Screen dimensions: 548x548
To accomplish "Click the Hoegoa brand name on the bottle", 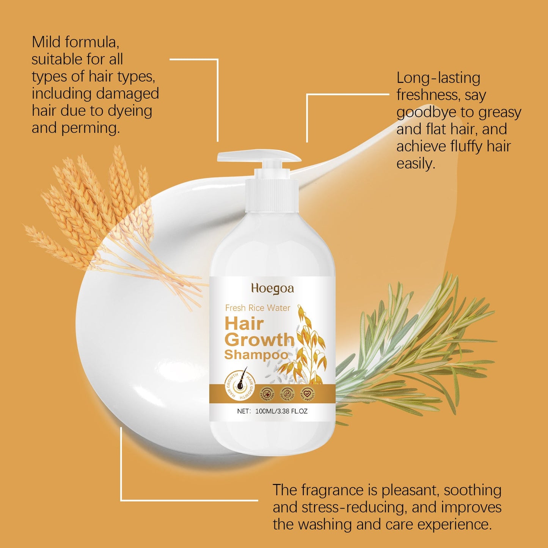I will (272, 289).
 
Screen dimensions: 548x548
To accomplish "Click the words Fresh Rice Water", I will (258, 308).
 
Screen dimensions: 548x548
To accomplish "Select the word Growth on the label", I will (259, 340).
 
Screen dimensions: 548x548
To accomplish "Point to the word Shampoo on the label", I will (256, 355).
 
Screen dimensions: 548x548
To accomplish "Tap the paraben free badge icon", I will (267, 393).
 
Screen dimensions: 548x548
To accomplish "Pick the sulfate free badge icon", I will (287, 393).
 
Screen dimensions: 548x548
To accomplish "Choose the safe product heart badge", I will (307, 393).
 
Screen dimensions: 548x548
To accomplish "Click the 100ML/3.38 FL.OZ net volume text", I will (281, 411).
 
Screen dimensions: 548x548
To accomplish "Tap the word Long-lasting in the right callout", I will (438, 78).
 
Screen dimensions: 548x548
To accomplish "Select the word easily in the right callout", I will (416, 164).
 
